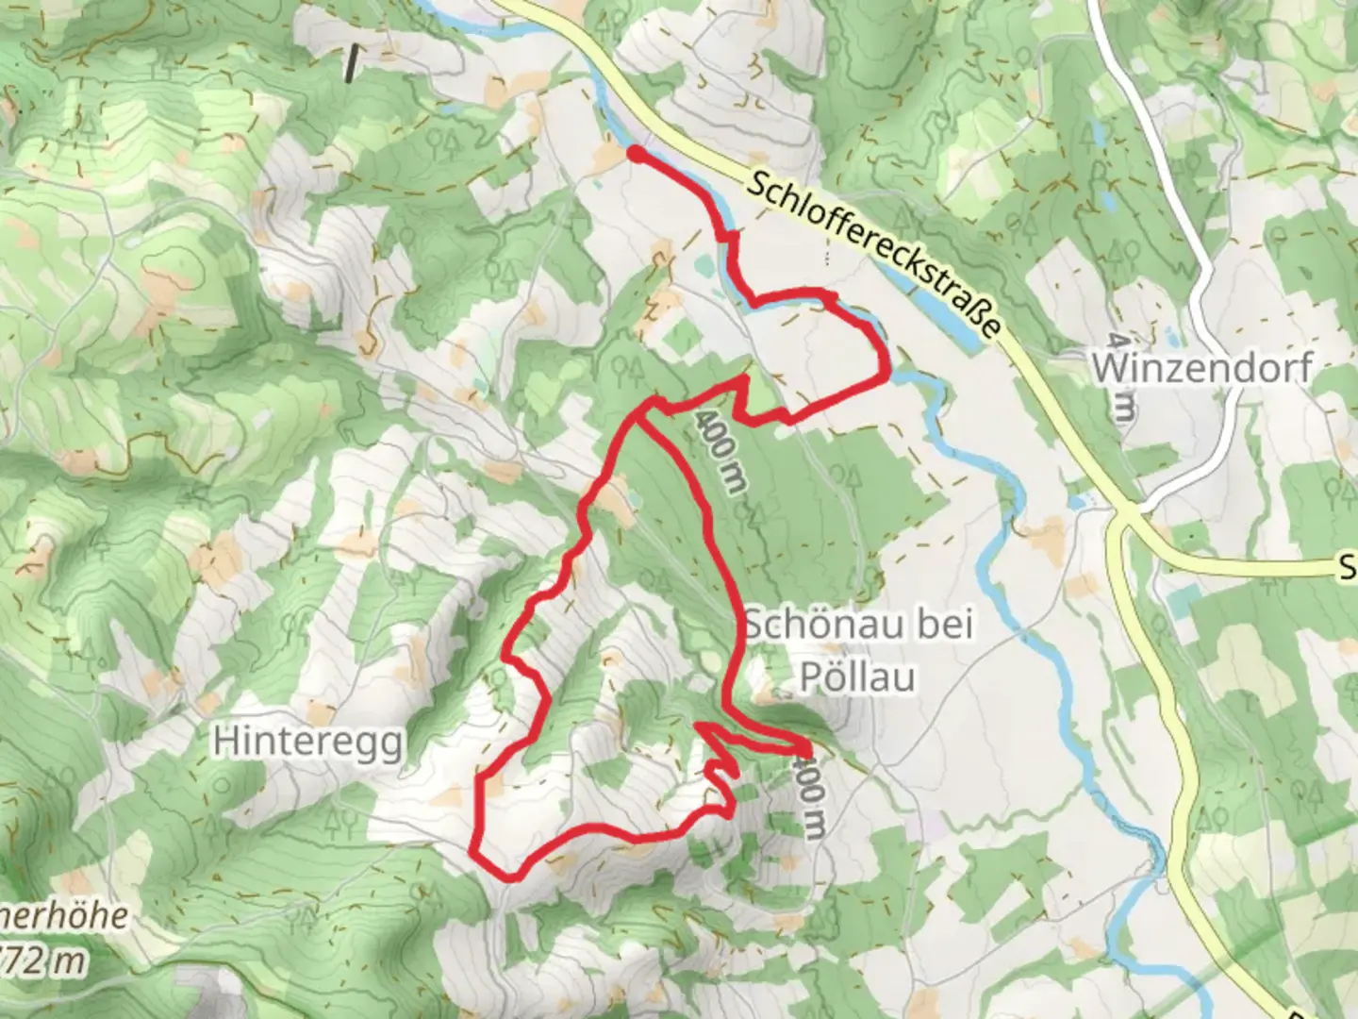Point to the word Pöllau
(857, 676)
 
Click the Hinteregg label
(307, 742)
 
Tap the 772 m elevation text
(42, 962)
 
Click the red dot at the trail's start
(636, 153)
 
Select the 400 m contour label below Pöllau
(808, 793)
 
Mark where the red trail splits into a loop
(645, 410)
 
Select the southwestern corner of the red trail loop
(474, 852)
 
